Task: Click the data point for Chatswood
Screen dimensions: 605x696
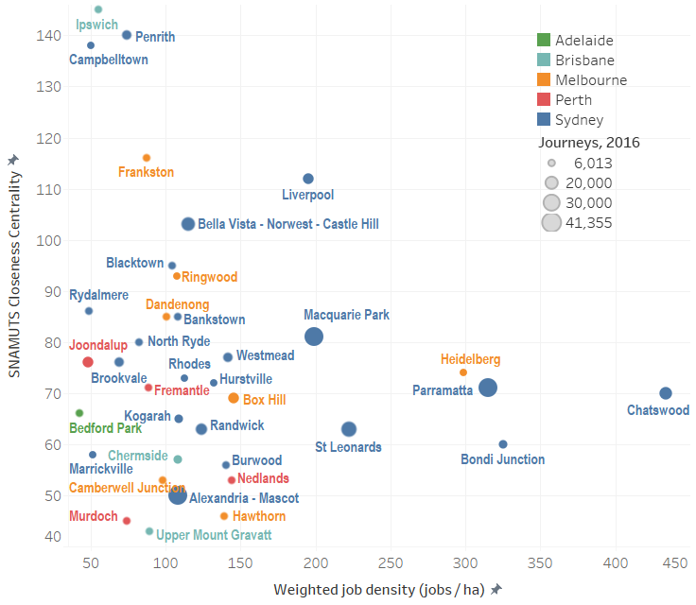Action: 665,393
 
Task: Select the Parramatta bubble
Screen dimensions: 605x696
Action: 488,388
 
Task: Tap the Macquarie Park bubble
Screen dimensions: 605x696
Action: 314,337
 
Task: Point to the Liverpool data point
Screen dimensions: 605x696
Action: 308,179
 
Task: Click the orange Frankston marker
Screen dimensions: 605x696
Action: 147,158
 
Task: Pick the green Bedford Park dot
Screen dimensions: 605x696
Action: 79,413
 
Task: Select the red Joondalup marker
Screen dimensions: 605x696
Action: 88,362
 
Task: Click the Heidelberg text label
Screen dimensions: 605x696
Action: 470,359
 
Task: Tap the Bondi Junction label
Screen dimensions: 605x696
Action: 502,459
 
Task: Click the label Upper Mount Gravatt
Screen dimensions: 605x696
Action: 213,535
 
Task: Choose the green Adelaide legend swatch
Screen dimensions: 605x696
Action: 543,41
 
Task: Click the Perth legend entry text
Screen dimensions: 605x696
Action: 573,100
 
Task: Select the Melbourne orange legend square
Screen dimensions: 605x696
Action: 543,80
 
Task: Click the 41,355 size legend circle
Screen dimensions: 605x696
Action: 551,223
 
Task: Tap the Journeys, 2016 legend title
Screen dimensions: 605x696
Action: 589,143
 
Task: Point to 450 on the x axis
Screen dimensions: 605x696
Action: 674,564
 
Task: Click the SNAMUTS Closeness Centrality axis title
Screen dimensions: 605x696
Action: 14,266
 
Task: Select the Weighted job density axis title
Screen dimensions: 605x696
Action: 379,590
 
